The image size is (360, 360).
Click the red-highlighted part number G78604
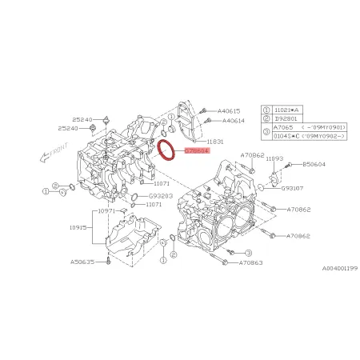[197, 149]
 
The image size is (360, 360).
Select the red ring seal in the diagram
[168, 150]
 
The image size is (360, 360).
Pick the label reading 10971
[107, 211]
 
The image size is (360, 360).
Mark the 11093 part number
[274, 159]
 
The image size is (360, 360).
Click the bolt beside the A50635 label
[103, 261]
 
